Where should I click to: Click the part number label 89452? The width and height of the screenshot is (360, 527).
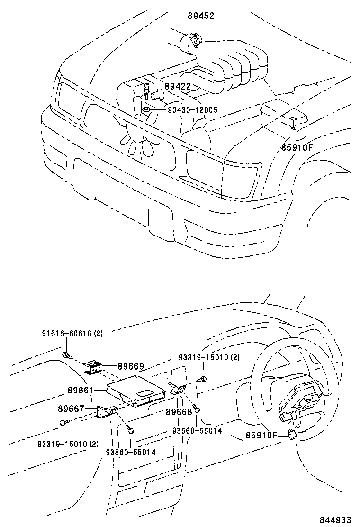click(x=201, y=16)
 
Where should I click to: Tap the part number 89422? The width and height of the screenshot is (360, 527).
click(x=178, y=86)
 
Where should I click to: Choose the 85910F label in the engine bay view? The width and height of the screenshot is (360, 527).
click(x=297, y=147)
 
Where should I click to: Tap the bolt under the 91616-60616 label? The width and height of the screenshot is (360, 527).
click(x=67, y=355)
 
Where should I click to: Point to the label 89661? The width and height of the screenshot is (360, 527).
click(x=81, y=390)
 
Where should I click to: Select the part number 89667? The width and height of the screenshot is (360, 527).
click(x=71, y=408)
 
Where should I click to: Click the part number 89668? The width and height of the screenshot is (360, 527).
click(x=179, y=412)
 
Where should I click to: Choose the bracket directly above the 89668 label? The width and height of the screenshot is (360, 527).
click(x=177, y=390)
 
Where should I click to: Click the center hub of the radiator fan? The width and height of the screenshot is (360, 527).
click(x=138, y=128)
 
